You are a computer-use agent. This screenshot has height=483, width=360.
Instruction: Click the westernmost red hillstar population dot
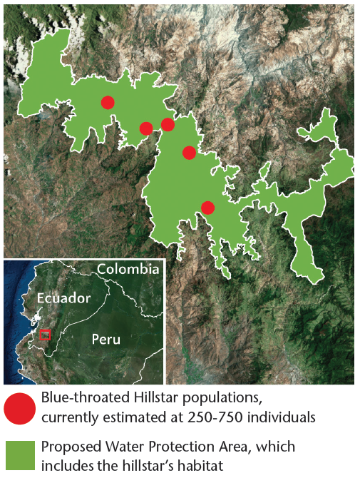tap(107, 102)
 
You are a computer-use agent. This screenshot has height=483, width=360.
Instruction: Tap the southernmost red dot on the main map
tap(207, 208)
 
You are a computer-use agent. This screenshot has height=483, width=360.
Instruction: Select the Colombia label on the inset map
tap(128, 269)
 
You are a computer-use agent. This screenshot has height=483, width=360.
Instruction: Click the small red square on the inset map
tap(45, 335)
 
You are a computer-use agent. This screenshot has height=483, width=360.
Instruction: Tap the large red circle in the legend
tap(19, 408)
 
